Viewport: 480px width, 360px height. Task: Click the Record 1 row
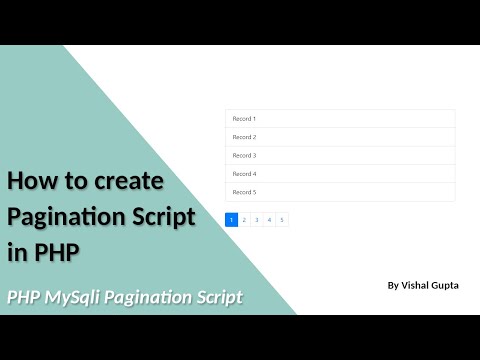click(x=340, y=119)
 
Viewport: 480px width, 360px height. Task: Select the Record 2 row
click(x=340, y=137)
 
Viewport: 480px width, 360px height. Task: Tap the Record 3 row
click(x=340, y=155)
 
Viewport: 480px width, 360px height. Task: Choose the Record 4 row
click(x=340, y=174)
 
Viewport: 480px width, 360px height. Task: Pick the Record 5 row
click(x=340, y=192)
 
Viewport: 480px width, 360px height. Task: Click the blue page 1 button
click(x=231, y=220)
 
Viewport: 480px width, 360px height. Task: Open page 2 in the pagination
click(x=244, y=220)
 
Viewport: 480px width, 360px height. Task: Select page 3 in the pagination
click(x=257, y=220)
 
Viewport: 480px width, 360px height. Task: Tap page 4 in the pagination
click(x=269, y=220)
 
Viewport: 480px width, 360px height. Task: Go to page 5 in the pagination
click(x=282, y=220)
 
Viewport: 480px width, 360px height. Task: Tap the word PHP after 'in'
click(x=58, y=251)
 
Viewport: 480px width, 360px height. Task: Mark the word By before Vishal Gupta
click(x=393, y=286)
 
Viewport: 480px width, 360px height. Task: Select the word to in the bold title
click(x=76, y=181)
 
